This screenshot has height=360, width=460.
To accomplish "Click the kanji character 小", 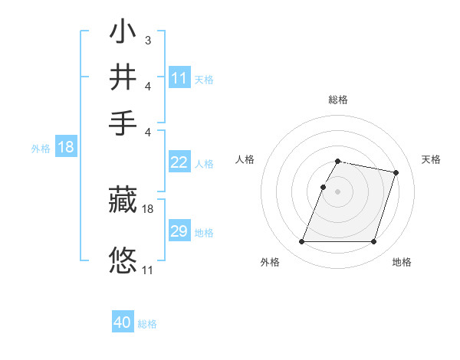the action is (123, 34).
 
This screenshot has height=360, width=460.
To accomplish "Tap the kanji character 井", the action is (123, 78).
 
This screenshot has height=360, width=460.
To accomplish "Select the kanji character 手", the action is (123, 123).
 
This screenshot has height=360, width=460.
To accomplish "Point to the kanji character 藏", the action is (123, 201).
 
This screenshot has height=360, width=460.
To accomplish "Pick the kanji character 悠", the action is (123, 260).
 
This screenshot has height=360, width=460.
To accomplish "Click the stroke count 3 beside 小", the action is (147, 40).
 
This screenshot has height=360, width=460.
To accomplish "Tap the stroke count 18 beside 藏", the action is (148, 208).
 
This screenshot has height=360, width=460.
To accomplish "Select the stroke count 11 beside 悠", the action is (148, 270).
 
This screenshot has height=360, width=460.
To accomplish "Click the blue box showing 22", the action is (179, 162).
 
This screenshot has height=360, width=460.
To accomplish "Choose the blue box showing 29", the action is (179, 231).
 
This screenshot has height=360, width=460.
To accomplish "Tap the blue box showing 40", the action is (122, 322).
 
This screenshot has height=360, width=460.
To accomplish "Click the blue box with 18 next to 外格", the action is (65, 147).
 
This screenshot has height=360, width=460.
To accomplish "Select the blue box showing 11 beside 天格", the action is (179, 78).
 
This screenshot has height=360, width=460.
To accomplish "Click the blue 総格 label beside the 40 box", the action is (147, 324).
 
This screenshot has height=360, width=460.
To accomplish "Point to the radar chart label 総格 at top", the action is (337, 100).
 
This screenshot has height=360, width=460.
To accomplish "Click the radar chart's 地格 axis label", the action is (402, 262).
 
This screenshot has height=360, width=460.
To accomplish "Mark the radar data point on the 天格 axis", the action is (396, 172).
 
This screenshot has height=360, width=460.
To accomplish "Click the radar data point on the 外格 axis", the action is (302, 242).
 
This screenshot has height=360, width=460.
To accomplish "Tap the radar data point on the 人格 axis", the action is (323, 187).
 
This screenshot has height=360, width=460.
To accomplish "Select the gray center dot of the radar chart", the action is (337, 191).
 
